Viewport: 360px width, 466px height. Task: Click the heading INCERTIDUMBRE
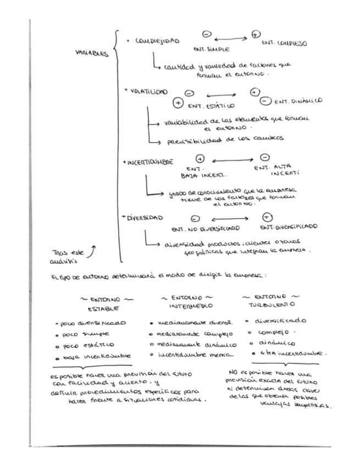click(152, 163)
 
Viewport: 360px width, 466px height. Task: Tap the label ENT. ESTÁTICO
click(211, 106)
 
